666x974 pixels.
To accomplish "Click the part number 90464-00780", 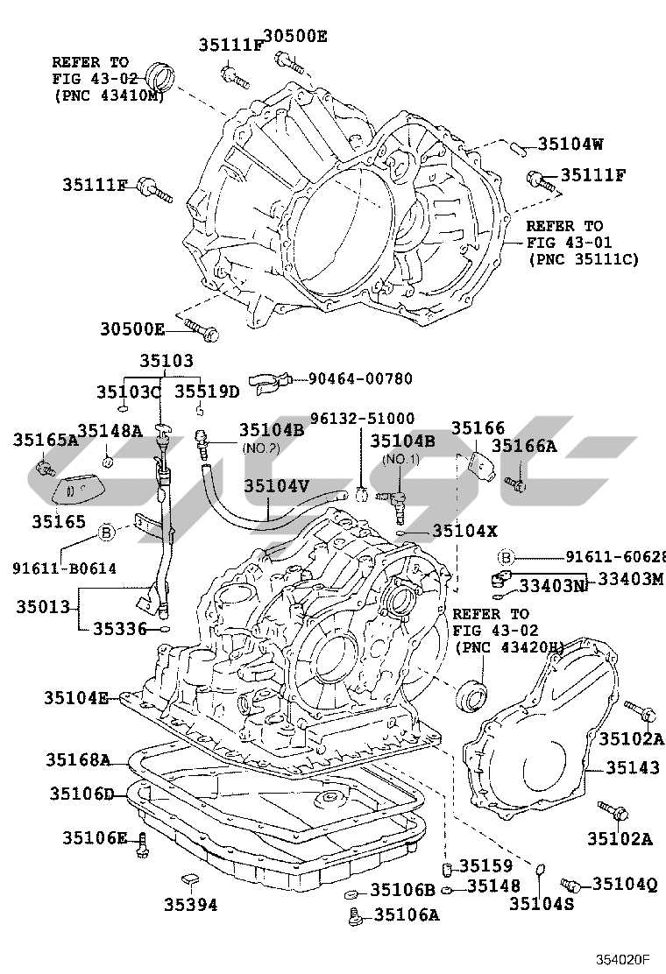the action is click(x=360, y=378).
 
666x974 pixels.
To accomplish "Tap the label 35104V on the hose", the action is click(x=276, y=485).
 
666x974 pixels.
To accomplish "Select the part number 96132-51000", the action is click(x=362, y=418).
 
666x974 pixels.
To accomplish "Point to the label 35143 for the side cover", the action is click(x=633, y=768).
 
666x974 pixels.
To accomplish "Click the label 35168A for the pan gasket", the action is click(x=78, y=759).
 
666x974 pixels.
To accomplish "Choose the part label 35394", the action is click(x=191, y=905).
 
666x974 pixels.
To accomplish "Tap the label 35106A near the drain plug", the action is click(x=407, y=914).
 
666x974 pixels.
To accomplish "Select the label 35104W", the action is click(x=570, y=145).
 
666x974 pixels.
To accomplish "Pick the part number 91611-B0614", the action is click(x=64, y=568).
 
